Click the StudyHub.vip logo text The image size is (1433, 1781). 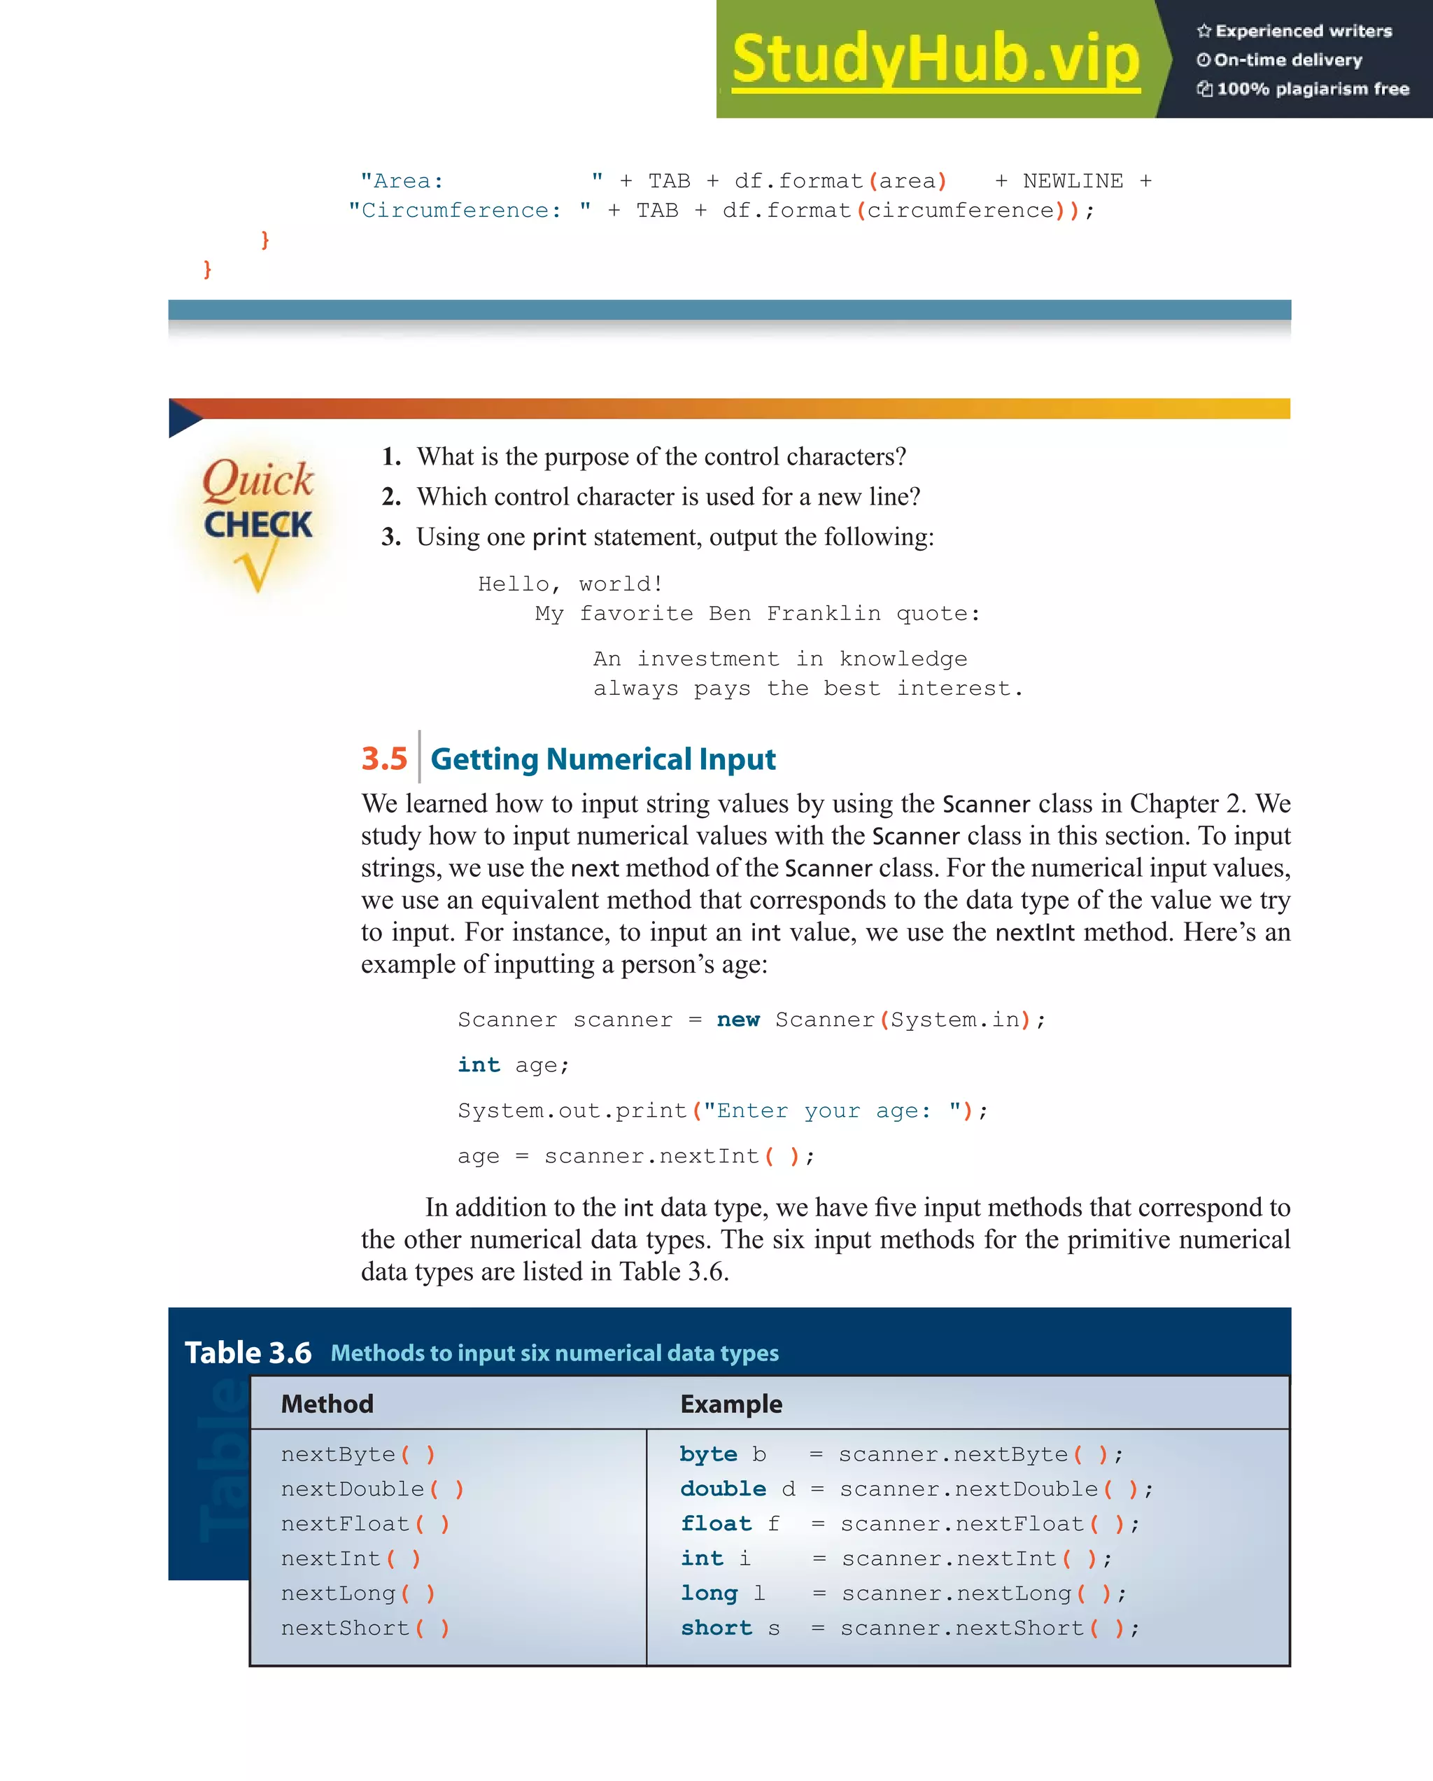click(935, 59)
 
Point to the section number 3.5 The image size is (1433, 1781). click(384, 759)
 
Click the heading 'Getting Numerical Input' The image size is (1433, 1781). click(603, 759)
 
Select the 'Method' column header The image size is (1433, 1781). click(327, 1404)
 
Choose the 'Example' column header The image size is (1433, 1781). click(731, 1404)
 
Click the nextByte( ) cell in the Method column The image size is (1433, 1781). click(358, 1454)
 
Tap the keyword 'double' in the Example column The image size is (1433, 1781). click(723, 1488)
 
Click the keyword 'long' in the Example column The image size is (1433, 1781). click(709, 1593)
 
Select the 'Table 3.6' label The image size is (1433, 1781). click(248, 1352)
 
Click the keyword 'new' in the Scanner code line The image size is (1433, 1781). click(737, 1020)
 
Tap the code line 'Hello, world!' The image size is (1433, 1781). click(570, 584)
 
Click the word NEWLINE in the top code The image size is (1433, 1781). click(1073, 181)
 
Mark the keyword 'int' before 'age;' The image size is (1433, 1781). click(479, 1065)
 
